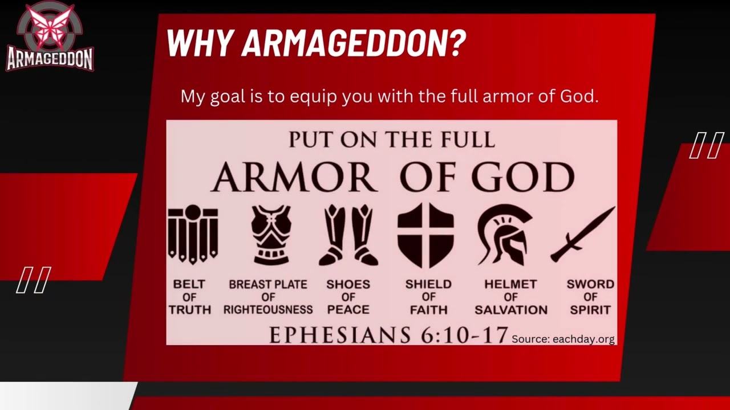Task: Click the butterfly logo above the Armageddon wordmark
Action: pyautogui.click(x=50, y=24)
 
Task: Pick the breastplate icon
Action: pyautogui.click(x=271, y=235)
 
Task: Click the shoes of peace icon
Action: pyautogui.click(x=348, y=235)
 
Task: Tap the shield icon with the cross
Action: pyautogui.click(x=425, y=235)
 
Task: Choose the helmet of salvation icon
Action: pyautogui.click(x=504, y=235)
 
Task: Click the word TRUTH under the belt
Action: pyautogui.click(x=190, y=310)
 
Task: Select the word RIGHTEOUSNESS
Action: pyautogui.click(x=268, y=310)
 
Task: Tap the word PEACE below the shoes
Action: pyautogui.click(x=348, y=310)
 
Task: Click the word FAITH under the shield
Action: pyautogui.click(x=428, y=310)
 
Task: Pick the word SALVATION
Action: pyautogui.click(x=511, y=310)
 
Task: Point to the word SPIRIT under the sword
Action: pyautogui.click(x=590, y=310)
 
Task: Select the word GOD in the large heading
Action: pyautogui.click(x=522, y=178)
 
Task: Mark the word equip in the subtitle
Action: pyautogui.click(x=313, y=96)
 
